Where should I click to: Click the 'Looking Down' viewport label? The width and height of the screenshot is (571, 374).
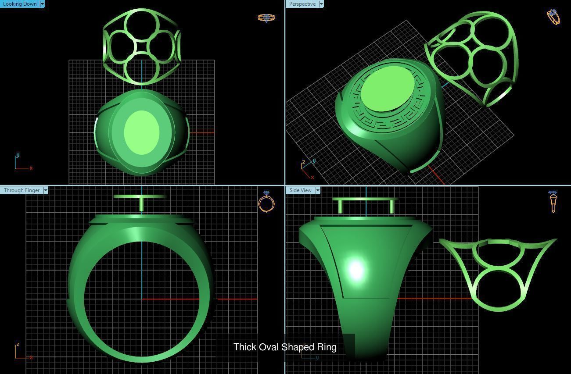click(20, 4)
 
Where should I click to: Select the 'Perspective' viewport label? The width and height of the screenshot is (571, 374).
click(302, 4)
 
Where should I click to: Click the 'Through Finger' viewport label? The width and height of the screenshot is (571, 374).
click(22, 190)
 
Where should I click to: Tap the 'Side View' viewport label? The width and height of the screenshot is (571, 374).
click(300, 190)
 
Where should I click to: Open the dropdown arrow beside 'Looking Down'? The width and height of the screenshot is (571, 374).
click(42, 4)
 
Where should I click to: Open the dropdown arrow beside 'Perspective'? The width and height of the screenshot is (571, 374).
click(321, 4)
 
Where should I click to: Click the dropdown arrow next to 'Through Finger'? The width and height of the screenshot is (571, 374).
click(45, 190)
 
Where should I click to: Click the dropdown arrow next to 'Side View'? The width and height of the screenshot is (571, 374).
click(317, 190)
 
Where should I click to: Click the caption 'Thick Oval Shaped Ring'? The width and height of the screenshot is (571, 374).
click(285, 347)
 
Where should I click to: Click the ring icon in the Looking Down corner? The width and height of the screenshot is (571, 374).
click(266, 18)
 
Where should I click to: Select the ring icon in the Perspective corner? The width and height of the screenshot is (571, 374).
click(553, 17)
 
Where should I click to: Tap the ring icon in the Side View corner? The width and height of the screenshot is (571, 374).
click(553, 201)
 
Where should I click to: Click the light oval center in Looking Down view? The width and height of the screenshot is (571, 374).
click(141, 132)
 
